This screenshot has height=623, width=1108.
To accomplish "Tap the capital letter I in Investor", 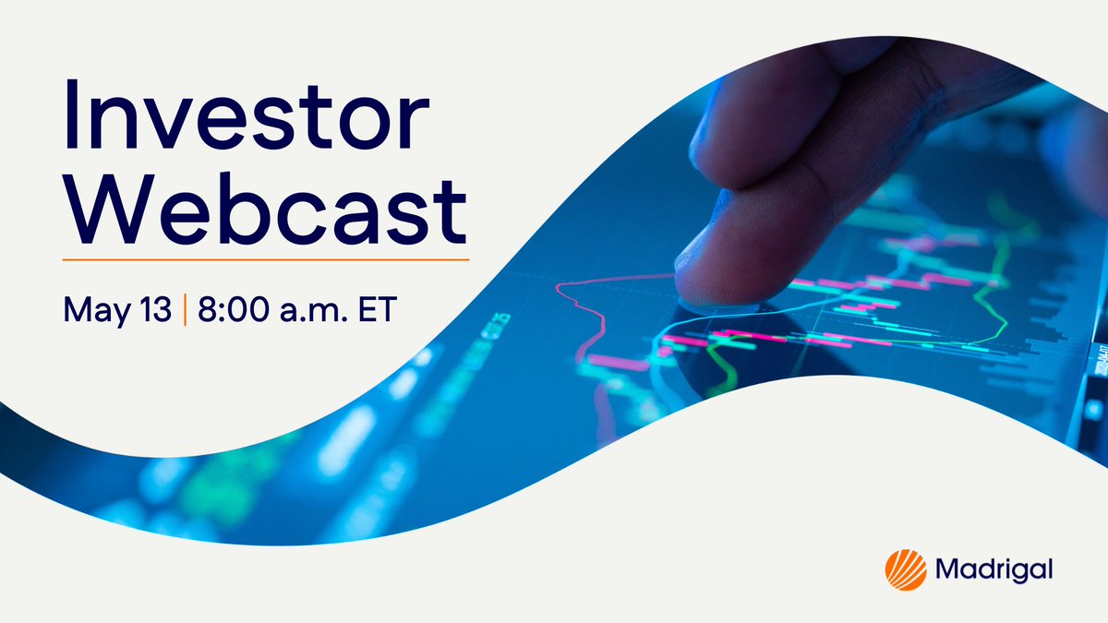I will (x=73, y=120).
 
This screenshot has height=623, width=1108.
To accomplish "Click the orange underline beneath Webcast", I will (x=265, y=259).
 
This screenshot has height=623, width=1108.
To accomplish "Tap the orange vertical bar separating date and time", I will (x=185, y=308).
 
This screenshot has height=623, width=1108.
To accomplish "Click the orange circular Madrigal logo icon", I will (x=905, y=569).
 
